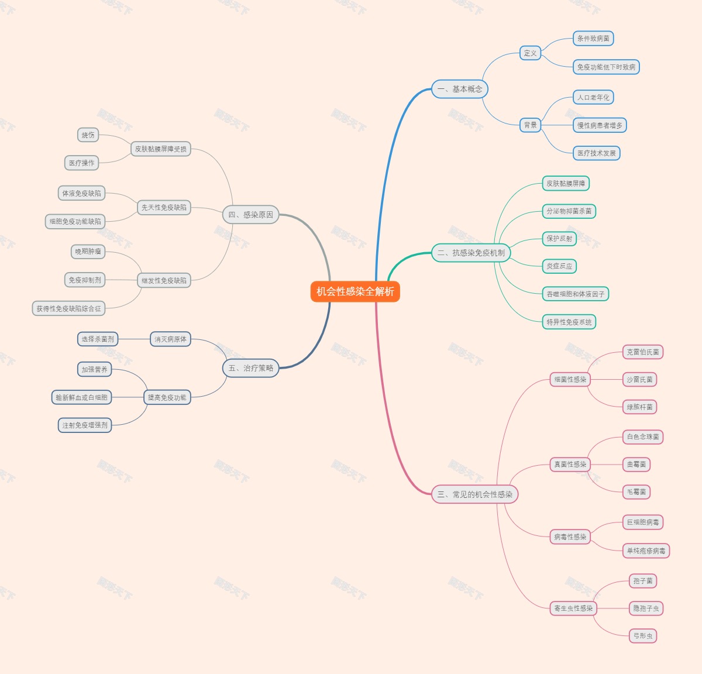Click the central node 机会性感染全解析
pos(355,291)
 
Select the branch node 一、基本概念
pos(460,89)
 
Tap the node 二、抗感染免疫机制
pos(471,253)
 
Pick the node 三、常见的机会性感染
pos(474,494)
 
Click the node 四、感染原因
pos(250,215)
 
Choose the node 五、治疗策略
pos(250,368)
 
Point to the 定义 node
pos(530,53)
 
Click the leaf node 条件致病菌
pos(593,39)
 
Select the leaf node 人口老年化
pos(593,98)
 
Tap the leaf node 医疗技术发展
pos(596,153)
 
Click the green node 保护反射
pos(559,239)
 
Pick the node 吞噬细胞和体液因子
pos(575,294)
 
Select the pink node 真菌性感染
pos(570,465)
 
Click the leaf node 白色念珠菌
pos(643,437)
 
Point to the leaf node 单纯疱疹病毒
pos(646,551)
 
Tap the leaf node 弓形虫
pos(643,636)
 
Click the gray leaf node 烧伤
pos(88,135)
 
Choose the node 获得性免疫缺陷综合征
pos(68,308)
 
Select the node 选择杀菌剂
pos(98,339)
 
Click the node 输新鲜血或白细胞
pos(81,397)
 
